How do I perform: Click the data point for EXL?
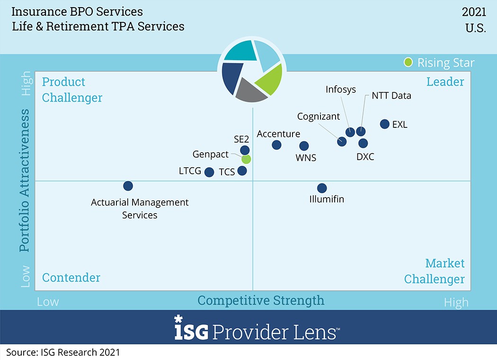[385, 124]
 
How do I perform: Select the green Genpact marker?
[246, 159]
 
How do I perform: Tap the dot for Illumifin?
[322, 188]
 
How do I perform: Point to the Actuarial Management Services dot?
[128, 186]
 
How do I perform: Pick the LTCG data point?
[209, 172]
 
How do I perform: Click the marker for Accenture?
[277, 145]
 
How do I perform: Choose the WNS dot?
[304, 146]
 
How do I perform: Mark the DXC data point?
[363, 143]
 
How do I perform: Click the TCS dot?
[242, 171]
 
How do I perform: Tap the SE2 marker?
[245, 150]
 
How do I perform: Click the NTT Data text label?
[391, 96]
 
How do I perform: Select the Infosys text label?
[341, 90]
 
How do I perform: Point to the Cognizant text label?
[319, 117]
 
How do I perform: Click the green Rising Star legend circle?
[408, 63]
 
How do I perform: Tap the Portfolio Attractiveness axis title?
[25, 180]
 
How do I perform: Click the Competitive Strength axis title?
[261, 300]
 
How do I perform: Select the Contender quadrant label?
[71, 278]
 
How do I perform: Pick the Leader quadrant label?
[445, 82]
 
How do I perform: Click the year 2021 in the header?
[474, 12]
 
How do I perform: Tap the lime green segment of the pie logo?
[270, 78]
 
